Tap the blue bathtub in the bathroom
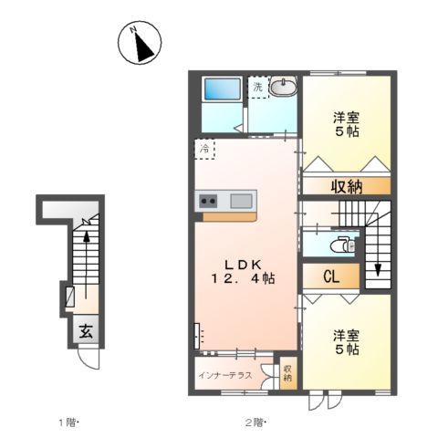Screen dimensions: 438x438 click(x=222, y=89)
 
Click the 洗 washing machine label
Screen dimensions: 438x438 click(x=258, y=87)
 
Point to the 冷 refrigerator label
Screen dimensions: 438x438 click(x=203, y=148)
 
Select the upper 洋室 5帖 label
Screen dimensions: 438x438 click(x=346, y=123)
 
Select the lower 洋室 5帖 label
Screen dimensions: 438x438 click(x=345, y=341)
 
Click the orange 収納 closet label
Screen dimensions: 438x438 click(x=348, y=186)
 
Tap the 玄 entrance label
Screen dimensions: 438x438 click(x=84, y=332)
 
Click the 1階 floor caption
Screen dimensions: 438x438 click(x=69, y=422)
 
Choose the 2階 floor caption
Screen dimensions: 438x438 click(x=253, y=422)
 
